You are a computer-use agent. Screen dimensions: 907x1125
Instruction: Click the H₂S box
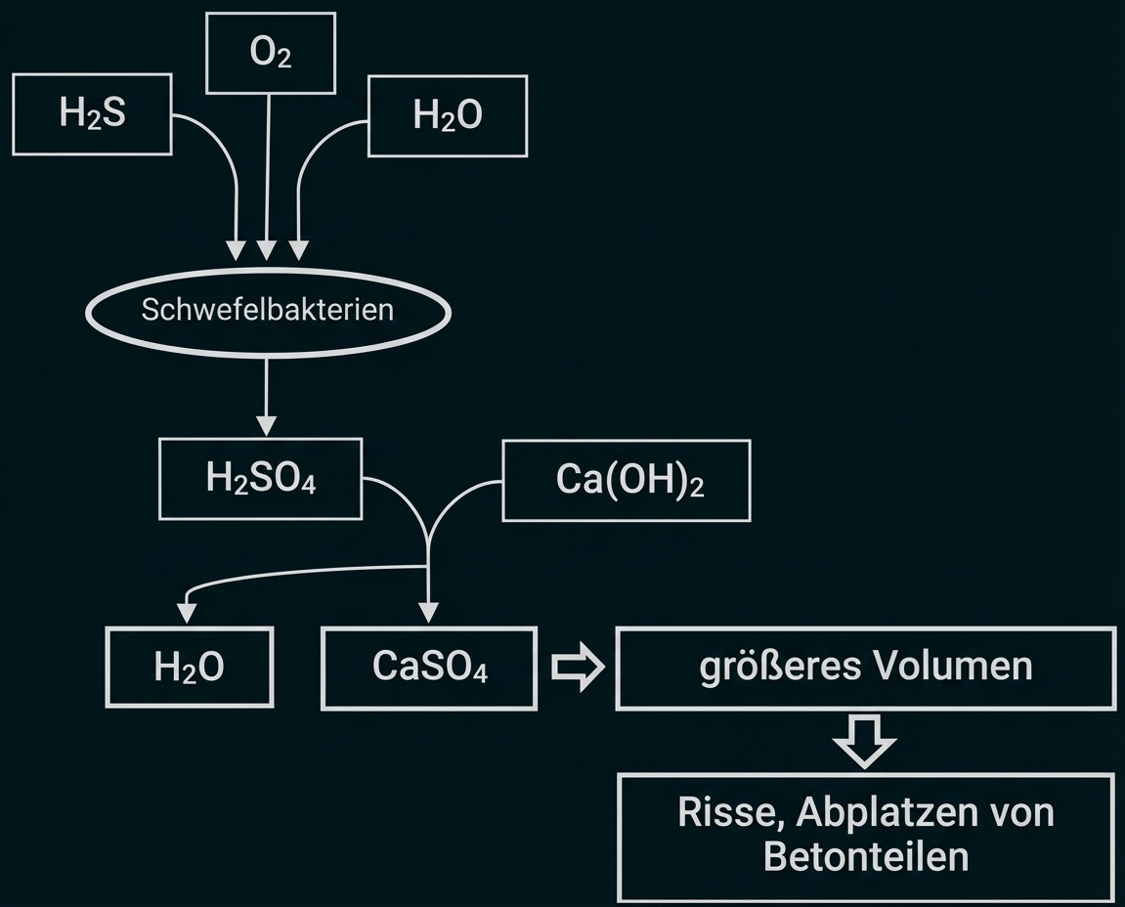point(93,115)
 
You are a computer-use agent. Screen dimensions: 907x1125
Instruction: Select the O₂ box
point(270,54)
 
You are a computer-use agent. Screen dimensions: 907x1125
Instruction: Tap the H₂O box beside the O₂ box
point(448,116)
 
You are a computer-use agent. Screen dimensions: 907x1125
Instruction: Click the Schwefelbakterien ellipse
point(268,311)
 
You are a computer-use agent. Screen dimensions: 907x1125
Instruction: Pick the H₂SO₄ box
point(260,479)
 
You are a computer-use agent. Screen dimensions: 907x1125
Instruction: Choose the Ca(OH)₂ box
point(627,480)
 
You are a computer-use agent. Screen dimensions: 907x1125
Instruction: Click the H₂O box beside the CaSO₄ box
point(190,668)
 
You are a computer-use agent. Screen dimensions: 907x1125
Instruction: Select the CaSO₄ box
point(429,668)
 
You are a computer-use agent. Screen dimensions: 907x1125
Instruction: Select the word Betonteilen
point(865,856)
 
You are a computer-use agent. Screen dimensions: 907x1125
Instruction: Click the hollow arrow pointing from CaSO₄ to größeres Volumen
point(578,669)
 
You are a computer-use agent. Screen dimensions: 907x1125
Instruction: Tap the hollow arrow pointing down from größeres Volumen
point(864,741)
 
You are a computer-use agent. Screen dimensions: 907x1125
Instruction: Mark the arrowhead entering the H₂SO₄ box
point(266,426)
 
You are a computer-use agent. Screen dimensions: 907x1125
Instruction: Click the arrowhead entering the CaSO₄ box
point(428,614)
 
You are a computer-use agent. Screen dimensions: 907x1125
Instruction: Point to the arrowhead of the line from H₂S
point(236,249)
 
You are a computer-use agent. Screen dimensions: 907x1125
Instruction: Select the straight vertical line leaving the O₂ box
point(268,166)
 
